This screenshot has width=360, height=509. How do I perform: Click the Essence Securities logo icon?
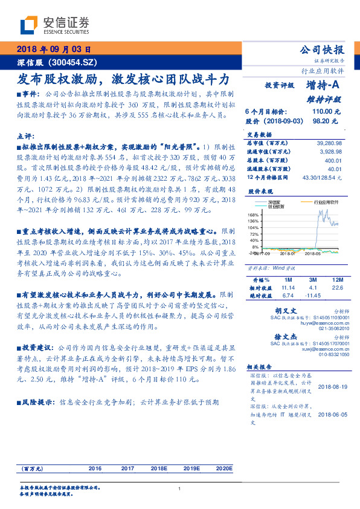[x=29, y=25]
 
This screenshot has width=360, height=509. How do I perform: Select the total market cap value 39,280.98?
[x=329, y=142]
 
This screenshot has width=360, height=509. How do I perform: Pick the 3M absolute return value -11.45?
[x=313, y=296]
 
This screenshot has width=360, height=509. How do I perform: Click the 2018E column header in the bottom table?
[x=159, y=468]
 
